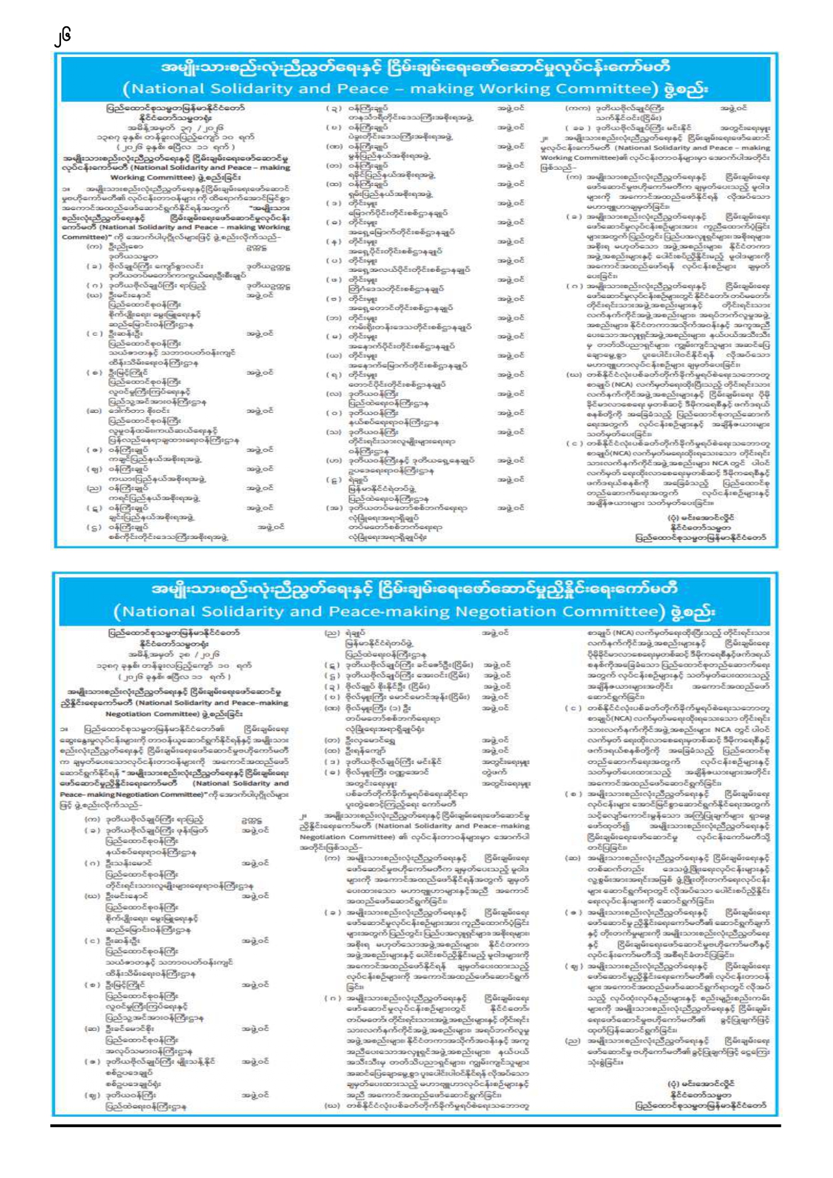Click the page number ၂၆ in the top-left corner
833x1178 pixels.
(x=63, y=36)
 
